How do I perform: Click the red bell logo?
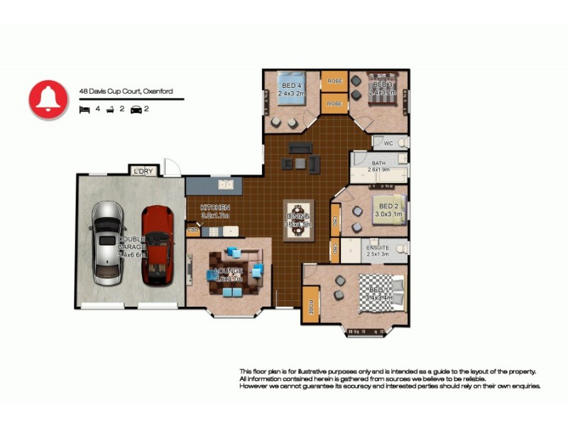click(x=48, y=99)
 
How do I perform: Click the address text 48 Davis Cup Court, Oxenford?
click(x=126, y=91)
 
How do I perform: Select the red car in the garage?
click(x=157, y=244)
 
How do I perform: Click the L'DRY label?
click(x=141, y=171)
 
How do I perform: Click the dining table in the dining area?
click(x=297, y=219)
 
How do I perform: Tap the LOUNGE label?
click(x=229, y=271)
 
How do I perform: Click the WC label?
click(x=388, y=143)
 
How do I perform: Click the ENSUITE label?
click(x=377, y=248)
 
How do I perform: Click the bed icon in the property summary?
click(x=84, y=109)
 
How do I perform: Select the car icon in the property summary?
click(x=134, y=109)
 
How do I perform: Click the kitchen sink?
click(x=226, y=185)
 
